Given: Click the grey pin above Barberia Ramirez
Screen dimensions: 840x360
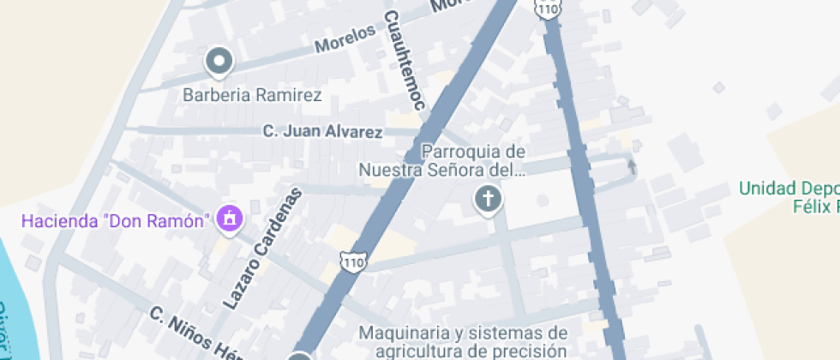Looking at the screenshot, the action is (x=219, y=61).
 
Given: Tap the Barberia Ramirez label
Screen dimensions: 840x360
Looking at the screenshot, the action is (x=253, y=95).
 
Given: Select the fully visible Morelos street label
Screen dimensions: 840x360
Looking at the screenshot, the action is (x=345, y=38).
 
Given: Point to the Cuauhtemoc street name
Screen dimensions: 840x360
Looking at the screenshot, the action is (x=405, y=61).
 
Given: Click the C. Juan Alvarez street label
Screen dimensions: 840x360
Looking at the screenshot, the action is (x=322, y=132).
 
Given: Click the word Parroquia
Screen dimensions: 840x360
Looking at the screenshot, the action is (x=463, y=152).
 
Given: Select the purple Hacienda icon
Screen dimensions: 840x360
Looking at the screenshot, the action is (x=229, y=219).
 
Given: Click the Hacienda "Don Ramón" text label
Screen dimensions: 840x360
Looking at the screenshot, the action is (x=116, y=221).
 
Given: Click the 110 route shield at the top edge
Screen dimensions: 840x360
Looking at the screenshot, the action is (x=548, y=8).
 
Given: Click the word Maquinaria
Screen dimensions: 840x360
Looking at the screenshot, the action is (x=407, y=333).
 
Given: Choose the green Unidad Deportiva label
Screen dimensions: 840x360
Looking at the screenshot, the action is (x=789, y=189).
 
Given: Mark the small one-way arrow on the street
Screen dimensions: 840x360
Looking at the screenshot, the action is (x=632, y=166).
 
